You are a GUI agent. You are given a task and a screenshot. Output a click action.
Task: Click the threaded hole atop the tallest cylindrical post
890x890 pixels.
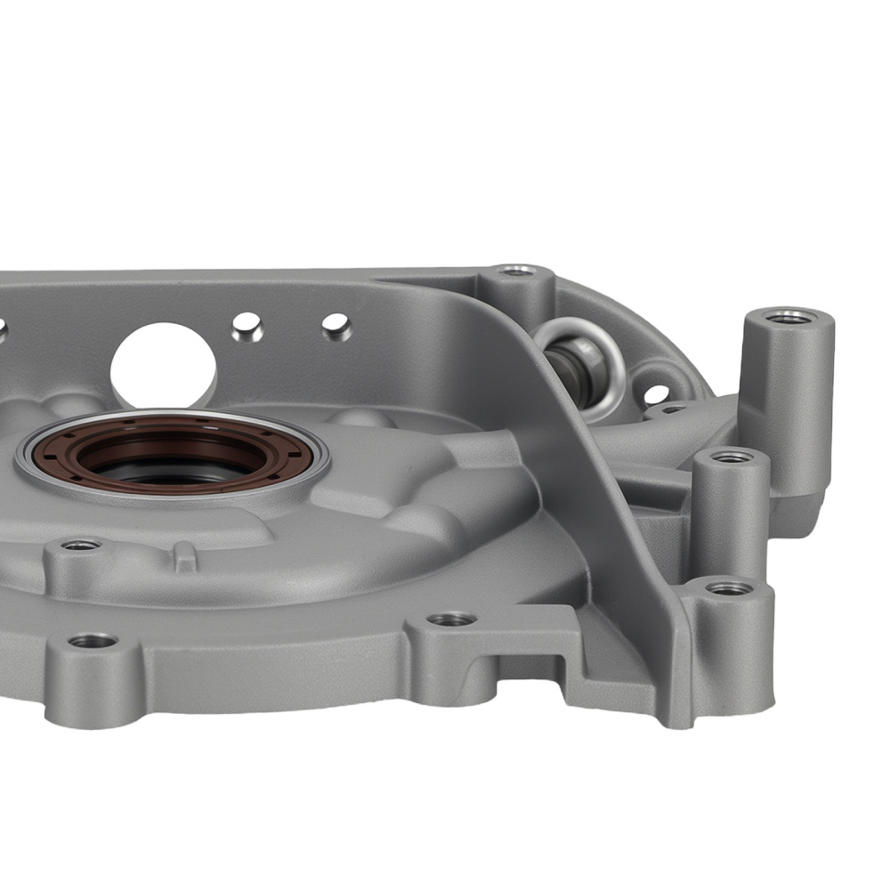[x=788, y=317]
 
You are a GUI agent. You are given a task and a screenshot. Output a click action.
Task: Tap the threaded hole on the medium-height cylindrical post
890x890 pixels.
[x=732, y=457]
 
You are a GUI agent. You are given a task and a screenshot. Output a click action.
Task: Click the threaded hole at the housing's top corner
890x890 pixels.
[x=517, y=271]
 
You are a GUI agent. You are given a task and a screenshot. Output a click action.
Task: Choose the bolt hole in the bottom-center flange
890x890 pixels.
[x=451, y=619]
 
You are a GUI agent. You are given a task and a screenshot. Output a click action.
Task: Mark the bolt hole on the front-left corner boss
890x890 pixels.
[x=93, y=641]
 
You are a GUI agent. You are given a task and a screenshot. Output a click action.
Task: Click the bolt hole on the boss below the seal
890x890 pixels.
[x=81, y=545]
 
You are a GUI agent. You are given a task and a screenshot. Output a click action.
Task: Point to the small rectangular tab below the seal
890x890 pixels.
[x=184, y=557]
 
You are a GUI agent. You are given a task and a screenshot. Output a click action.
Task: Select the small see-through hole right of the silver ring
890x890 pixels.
[x=656, y=392]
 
